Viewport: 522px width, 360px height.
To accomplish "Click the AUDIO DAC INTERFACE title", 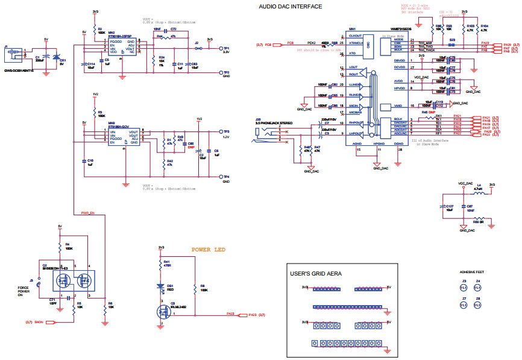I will (x=290, y=7).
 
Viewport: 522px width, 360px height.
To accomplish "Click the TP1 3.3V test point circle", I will (x=221, y=48).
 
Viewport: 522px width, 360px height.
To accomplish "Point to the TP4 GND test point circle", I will (x=221, y=177).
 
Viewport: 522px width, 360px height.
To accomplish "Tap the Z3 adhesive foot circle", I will (x=464, y=286).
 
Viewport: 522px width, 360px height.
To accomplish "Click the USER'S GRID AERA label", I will (x=316, y=274).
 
